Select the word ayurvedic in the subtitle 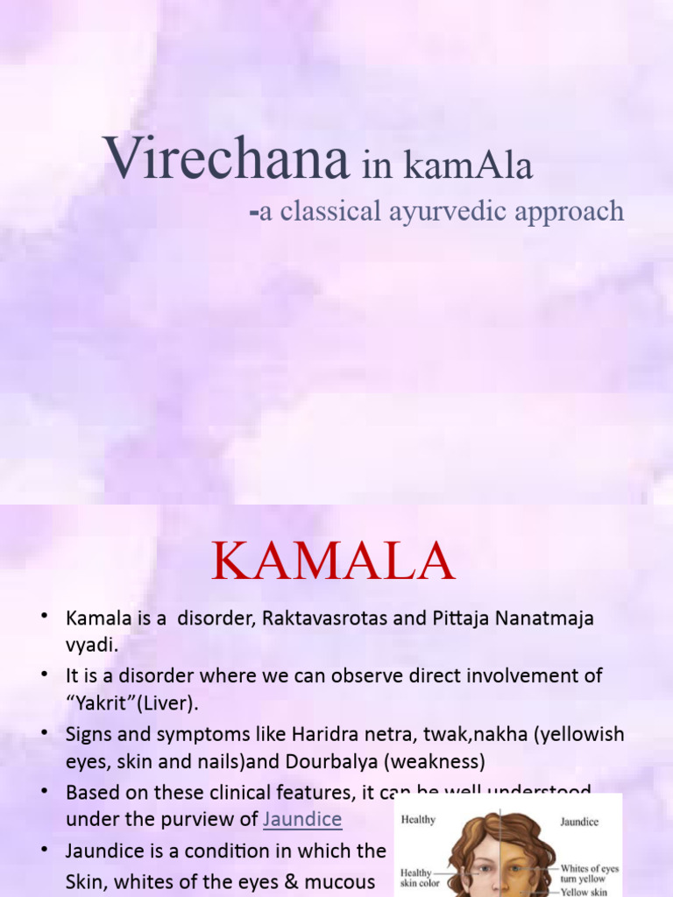(x=458, y=211)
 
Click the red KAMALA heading (x=333, y=562)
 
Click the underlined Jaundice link (x=302, y=820)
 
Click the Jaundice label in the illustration (x=579, y=823)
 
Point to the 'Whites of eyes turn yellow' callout (x=589, y=873)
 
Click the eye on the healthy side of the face (x=482, y=869)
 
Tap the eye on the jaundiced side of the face (x=517, y=869)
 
